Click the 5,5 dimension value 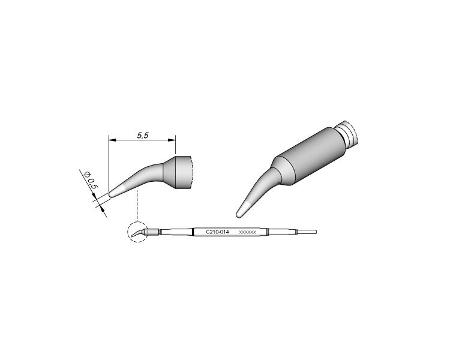pos(143,135)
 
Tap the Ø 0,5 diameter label pos(91,180)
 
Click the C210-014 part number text pos(218,232)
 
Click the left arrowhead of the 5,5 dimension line pos(112,140)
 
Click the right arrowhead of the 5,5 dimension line pos(172,140)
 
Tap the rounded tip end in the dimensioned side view pos(111,194)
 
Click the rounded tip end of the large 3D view pos(238,214)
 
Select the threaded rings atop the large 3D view pos(347,133)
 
